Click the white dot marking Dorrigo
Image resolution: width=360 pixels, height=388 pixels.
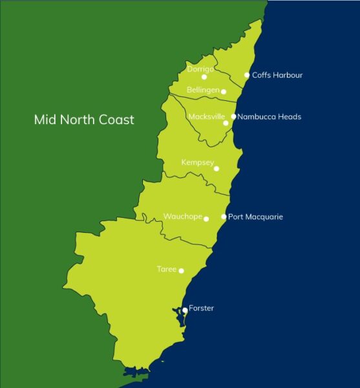[204, 77]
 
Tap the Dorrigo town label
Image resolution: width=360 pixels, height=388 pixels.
[200, 69]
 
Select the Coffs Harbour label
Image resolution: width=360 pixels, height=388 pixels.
[277, 75]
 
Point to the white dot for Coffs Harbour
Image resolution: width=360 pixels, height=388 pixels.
[247, 75]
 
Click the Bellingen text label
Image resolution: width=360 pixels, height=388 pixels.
[203, 90]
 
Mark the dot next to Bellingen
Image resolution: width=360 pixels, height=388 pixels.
[224, 92]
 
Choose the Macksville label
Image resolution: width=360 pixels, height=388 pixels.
[206, 117]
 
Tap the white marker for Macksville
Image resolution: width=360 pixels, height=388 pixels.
[226, 123]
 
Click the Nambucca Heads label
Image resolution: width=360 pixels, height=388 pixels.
[270, 117]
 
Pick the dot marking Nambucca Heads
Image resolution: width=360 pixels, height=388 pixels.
[234, 117]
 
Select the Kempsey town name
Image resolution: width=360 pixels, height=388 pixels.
[197, 162]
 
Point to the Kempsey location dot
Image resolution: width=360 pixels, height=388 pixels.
[217, 169]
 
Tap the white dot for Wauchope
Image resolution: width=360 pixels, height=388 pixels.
[206, 219]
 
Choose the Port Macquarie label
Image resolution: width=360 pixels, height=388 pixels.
[256, 217]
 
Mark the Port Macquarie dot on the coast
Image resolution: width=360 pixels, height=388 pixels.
[224, 217]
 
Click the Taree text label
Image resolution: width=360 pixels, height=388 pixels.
[166, 268]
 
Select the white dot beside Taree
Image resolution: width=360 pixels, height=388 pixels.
[181, 271]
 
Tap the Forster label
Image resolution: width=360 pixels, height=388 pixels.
[201, 308]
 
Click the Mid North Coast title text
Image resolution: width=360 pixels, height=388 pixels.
[84, 120]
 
